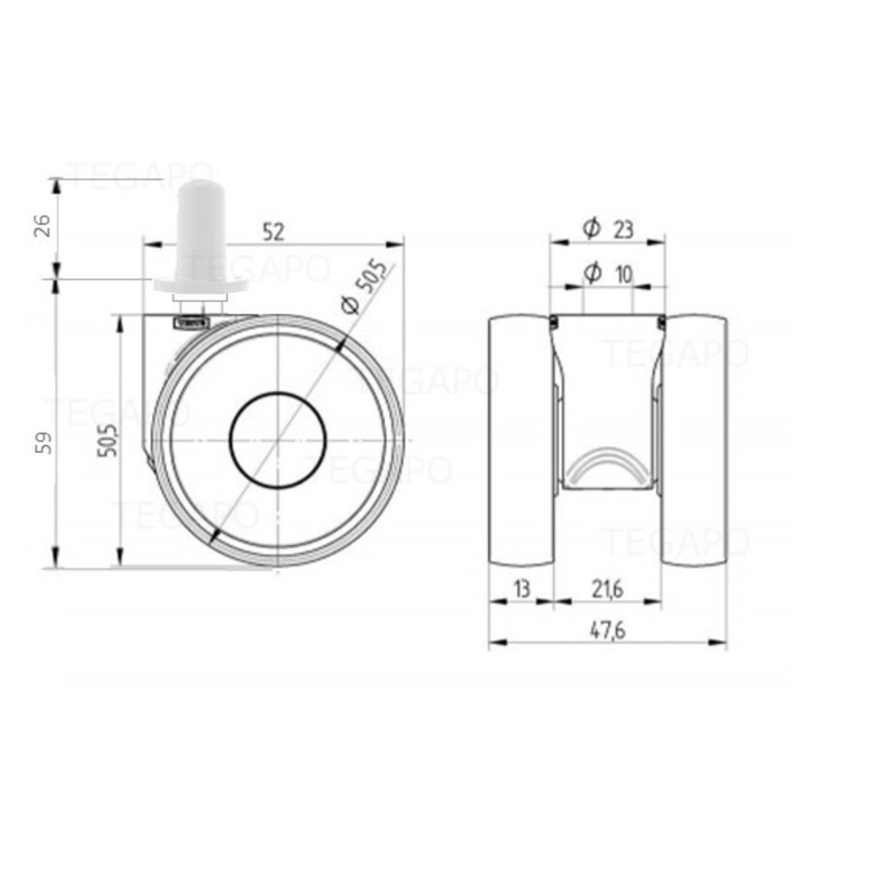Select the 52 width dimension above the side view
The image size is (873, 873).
pyautogui.click(x=274, y=231)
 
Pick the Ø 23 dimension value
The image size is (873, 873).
pyautogui.click(x=623, y=229)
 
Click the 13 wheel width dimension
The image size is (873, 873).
pyautogui.click(x=521, y=588)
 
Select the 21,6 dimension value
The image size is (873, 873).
pyautogui.click(x=607, y=588)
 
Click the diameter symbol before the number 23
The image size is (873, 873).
pyautogui.click(x=591, y=229)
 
